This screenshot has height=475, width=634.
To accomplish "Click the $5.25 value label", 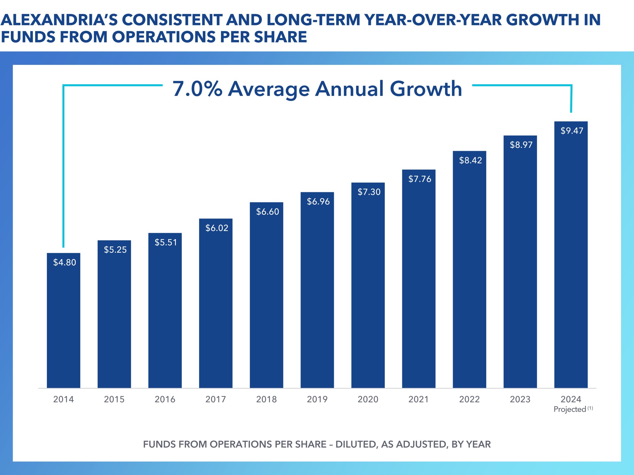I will pyautogui.click(x=115, y=250).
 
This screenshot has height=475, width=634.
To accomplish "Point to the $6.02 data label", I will pyautogui.click(x=217, y=228).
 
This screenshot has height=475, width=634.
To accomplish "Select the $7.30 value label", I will pyautogui.click(x=369, y=192).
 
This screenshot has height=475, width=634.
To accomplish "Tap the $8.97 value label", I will pyautogui.click(x=521, y=145).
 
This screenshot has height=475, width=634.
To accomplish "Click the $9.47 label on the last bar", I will pyautogui.click(x=572, y=131).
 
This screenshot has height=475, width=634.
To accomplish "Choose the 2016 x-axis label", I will pyautogui.click(x=165, y=399).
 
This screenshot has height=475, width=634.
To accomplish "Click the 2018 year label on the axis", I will pyautogui.click(x=266, y=399).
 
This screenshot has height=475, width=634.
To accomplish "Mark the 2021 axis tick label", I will pyautogui.click(x=418, y=399).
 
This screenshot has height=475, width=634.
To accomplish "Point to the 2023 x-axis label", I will pyautogui.click(x=520, y=399).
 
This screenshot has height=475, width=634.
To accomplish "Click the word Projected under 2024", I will pyautogui.click(x=570, y=409).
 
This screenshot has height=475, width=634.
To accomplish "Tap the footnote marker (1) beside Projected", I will pyautogui.click(x=590, y=408).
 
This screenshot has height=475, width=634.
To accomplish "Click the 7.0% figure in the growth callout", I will pyautogui.click(x=197, y=89).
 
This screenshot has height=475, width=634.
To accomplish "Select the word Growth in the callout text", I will pyautogui.click(x=426, y=89).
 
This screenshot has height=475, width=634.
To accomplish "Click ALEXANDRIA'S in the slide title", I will pyautogui.click(x=59, y=20).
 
